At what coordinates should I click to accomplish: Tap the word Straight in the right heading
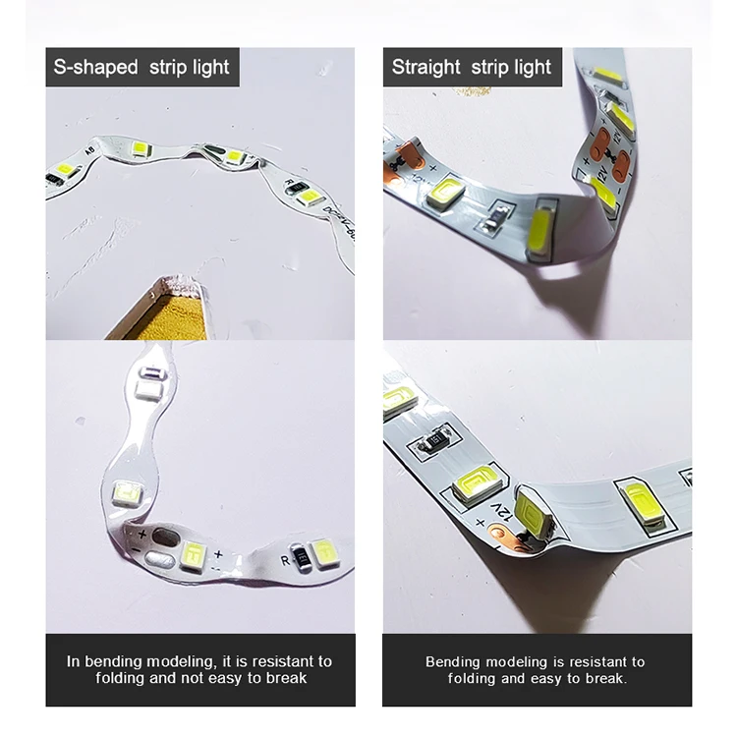[425, 68]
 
